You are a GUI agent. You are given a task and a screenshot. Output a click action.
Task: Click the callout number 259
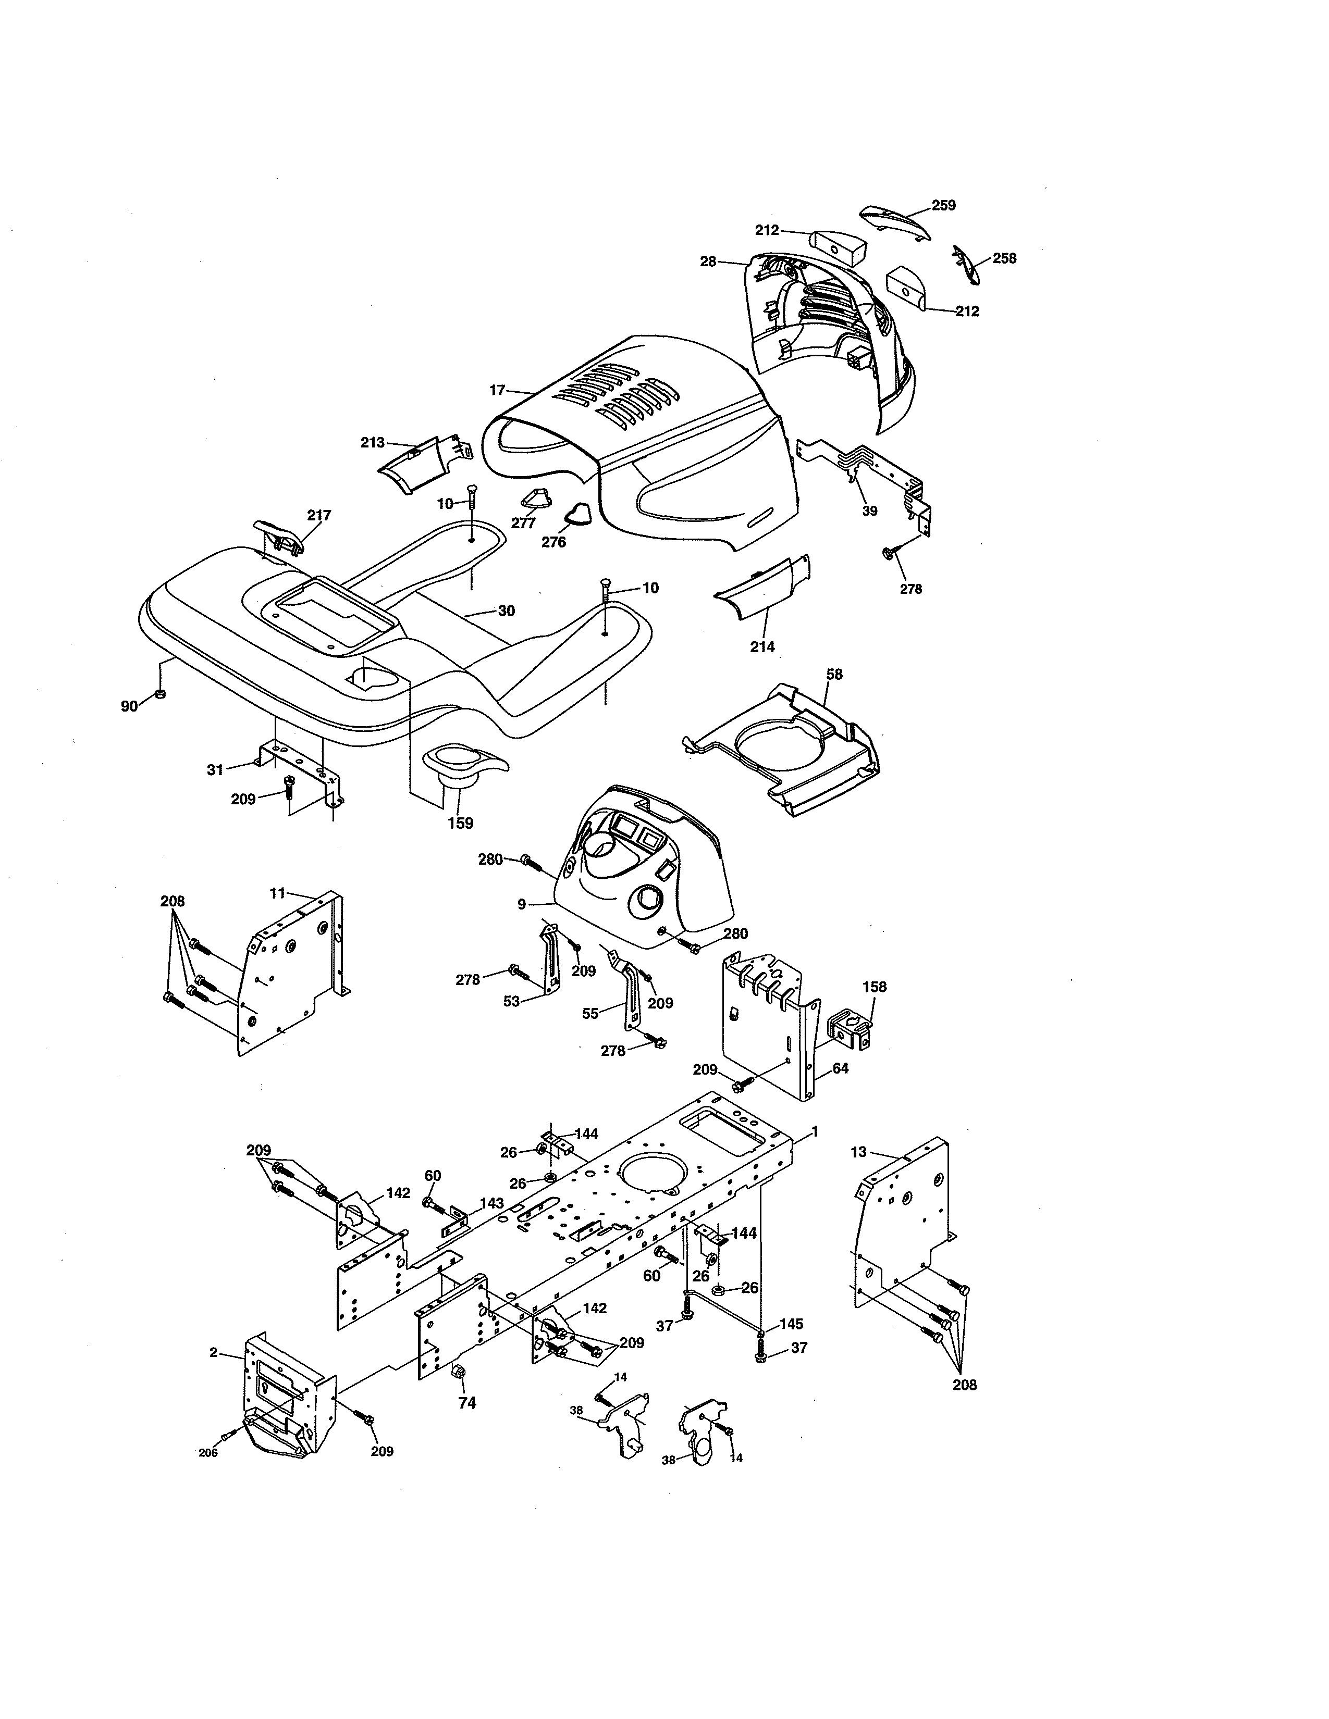(943, 205)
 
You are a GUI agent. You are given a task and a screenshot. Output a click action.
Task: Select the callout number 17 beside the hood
(496, 390)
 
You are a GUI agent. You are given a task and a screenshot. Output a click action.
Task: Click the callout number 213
(373, 442)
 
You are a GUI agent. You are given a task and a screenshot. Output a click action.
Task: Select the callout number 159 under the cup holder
(461, 823)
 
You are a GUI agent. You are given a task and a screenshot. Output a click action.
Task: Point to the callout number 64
(840, 1069)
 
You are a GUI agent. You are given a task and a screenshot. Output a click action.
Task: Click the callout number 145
(791, 1324)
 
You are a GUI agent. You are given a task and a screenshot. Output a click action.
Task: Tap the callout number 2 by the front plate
(213, 1352)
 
